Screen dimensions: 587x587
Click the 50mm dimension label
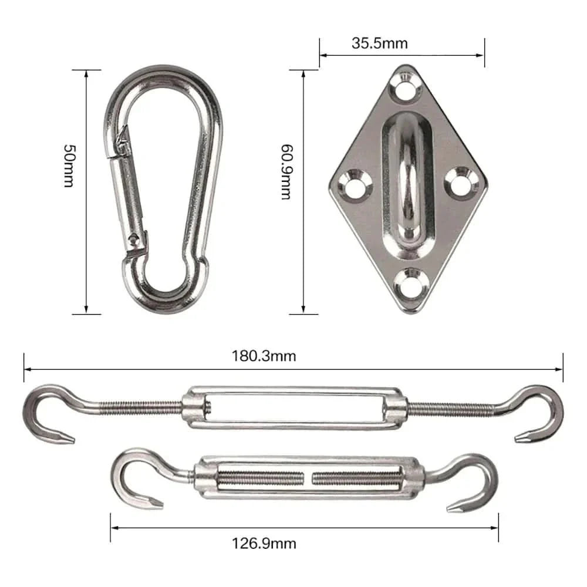[x=68, y=166]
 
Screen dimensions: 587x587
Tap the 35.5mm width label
[x=380, y=43]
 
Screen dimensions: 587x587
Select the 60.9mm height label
[x=286, y=171]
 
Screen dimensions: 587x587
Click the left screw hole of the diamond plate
[x=353, y=184]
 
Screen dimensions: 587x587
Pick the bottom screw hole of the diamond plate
[x=411, y=281]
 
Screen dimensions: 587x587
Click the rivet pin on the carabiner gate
[x=137, y=239]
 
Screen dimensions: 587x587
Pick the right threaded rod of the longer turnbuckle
[x=452, y=406]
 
